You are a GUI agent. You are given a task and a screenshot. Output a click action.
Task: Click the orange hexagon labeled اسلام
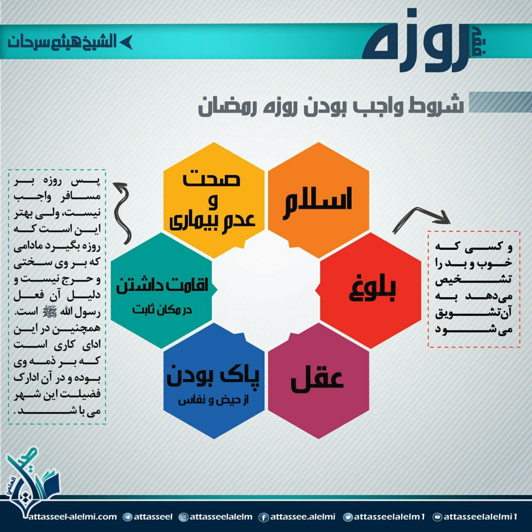(318, 200)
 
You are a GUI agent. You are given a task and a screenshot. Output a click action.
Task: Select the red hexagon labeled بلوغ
(370, 290)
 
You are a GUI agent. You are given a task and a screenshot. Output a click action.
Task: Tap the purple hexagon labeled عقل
(318, 381)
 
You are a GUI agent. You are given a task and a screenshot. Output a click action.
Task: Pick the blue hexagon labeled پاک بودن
(214, 381)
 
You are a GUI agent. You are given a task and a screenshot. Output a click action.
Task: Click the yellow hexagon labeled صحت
(214, 200)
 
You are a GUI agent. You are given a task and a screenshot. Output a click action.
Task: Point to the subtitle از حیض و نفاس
(213, 401)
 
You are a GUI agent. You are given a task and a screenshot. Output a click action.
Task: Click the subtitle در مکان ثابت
(162, 310)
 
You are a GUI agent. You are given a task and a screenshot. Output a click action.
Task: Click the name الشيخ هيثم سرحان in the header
(62, 42)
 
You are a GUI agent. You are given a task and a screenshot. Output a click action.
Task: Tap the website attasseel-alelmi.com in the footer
(73, 517)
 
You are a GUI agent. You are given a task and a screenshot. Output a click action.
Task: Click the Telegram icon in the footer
(127, 517)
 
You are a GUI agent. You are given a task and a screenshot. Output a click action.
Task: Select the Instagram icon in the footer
(183, 517)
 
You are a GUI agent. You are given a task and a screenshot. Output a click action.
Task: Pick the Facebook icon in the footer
(264, 517)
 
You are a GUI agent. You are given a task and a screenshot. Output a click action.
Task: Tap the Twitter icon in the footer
(347, 517)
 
